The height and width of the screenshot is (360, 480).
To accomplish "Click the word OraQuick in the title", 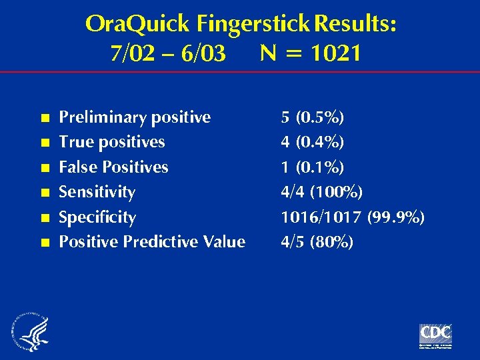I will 137,25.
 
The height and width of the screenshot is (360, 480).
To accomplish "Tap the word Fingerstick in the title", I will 253,25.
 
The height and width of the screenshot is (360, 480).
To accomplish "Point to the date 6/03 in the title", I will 203,53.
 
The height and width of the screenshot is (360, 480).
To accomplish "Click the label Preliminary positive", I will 135,117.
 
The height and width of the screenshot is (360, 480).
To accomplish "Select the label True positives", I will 112,142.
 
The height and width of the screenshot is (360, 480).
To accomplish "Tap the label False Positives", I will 113,167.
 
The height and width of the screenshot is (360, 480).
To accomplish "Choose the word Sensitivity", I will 97,192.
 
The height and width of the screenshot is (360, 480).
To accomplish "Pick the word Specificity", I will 97,217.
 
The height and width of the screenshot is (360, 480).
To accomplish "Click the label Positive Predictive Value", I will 152,241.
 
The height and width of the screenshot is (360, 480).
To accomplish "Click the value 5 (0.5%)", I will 312,118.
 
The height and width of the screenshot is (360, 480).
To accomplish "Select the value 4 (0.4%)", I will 312,143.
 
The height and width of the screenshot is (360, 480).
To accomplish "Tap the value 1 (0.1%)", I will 312,167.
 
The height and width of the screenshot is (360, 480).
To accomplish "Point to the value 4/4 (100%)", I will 321,193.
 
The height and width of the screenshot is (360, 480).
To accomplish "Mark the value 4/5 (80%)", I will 317,242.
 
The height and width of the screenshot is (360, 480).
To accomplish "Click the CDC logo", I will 435,334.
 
